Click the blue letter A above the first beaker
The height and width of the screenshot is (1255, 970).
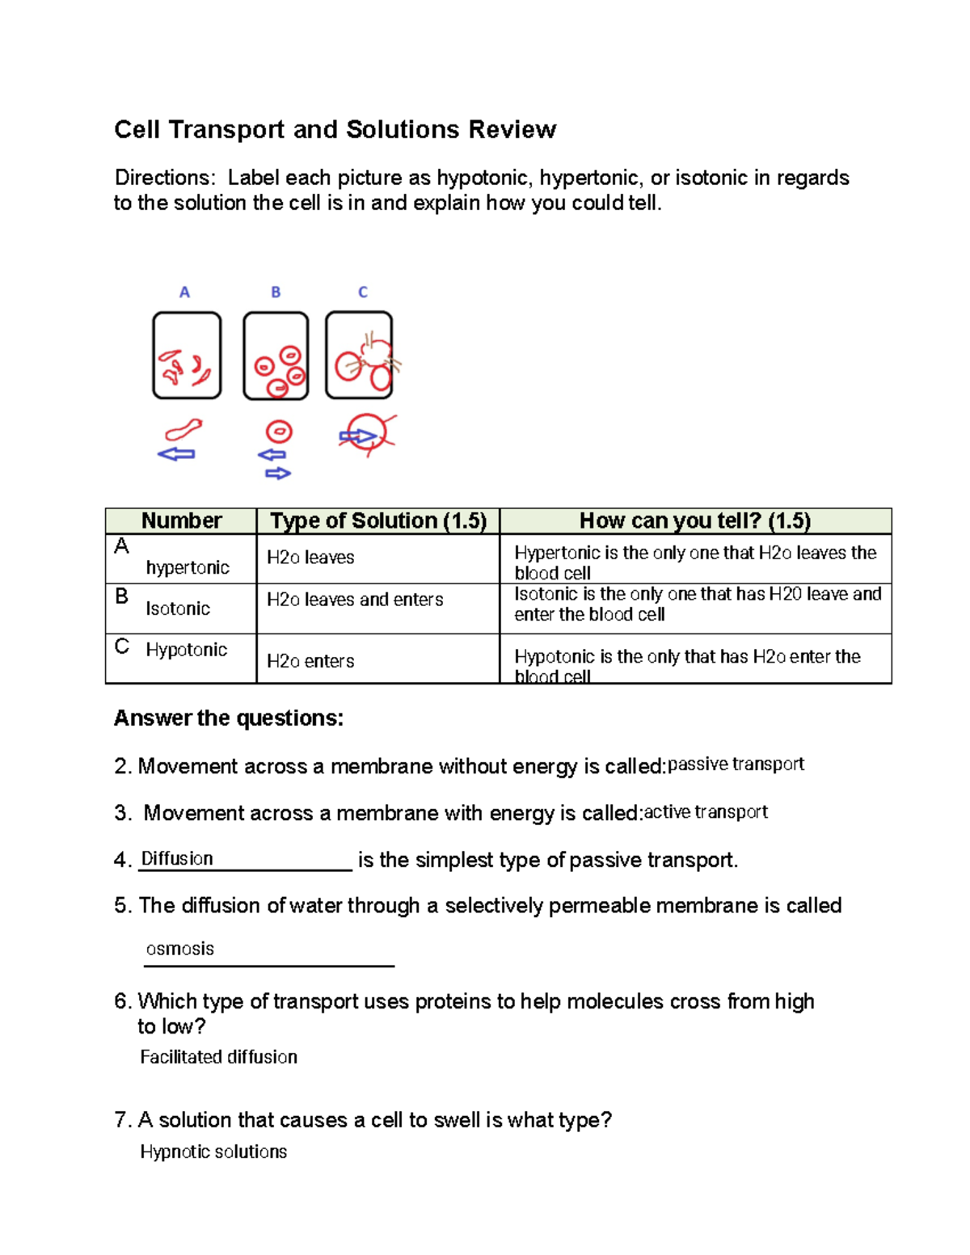(x=184, y=293)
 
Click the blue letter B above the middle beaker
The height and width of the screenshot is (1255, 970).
(x=276, y=293)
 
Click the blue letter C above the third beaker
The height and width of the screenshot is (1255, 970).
(x=363, y=293)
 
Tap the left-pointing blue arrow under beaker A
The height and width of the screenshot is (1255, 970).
(x=176, y=454)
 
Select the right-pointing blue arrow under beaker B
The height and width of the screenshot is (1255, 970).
(x=278, y=474)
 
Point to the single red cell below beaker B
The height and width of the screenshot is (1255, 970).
(x=279, y=432)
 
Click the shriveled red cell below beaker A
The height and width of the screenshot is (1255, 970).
(x=183, y=429)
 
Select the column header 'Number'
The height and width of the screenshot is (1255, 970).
(x=181, y=521)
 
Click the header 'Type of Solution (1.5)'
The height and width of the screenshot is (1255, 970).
(x=378, y=521)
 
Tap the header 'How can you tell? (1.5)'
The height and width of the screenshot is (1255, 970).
(x=695, y=521)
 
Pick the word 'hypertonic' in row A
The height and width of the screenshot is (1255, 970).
(x=188, y=568)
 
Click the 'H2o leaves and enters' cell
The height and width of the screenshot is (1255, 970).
(x=355, y=600)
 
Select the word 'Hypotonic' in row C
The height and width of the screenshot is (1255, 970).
(x=187, y=650)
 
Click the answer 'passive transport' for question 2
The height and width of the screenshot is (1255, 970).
(x=736, y=764)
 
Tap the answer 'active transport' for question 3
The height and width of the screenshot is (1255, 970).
(x=706, y=812)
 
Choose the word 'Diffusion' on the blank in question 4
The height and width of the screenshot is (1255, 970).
(x=177, y=858)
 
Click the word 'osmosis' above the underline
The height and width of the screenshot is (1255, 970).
(x=179, y=949)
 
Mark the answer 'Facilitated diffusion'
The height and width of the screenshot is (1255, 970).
(x=218, y=1057)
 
